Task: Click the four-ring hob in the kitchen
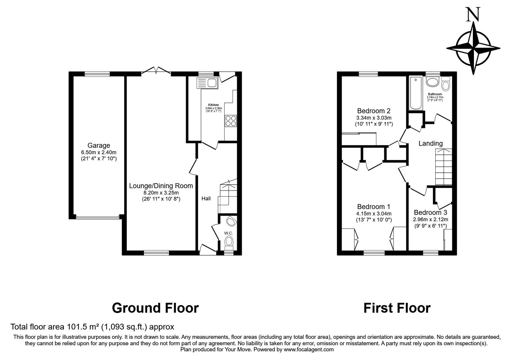pyautogui.click(x=231, y=121)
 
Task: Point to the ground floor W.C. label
pyautogui.click(x=228, y=233)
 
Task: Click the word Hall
pyautogui.click(x=206, y=199)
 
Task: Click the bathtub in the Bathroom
pyautogui.click(x=415, y=93)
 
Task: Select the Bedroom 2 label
pyautogui.click(x=374, y=111)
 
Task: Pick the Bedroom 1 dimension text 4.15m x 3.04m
pyautogui.click(x=374, y=213)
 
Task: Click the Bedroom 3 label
pyautogui.click(x=430, y=212)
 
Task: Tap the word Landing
pyautogui.click(x=430, y=143)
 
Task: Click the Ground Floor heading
pyautogui.click(x=155, y=308)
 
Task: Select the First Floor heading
pyautogui.click(x=397, y=308)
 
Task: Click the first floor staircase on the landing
pyautogui.click(x=444, y=167)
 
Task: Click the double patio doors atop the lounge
pyautogui.click(x=156, y=70)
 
